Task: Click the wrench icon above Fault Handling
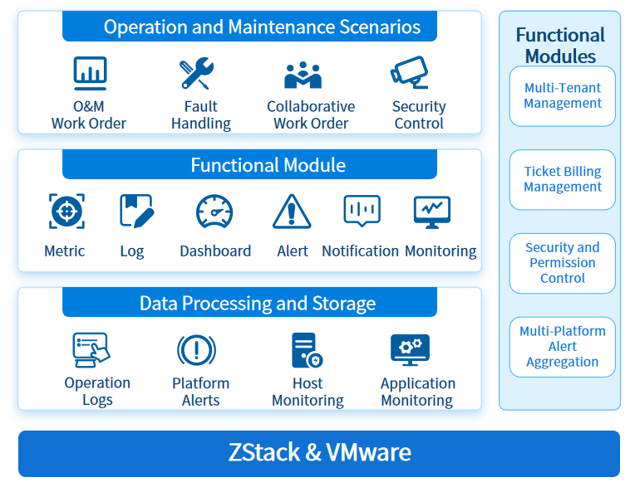(196, 73)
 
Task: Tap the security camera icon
(410, 72)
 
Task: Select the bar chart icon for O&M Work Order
(90, 73)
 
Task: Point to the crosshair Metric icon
(66, 211)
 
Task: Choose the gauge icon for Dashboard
(214, 212)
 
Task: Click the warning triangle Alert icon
(292, 212)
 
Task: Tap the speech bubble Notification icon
(362, 211)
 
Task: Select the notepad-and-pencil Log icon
(137, 211)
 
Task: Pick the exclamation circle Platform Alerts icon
(196, 350)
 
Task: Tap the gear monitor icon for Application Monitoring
(410, 350)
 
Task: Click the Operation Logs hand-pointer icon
(91, 350)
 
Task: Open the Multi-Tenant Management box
(562, 96)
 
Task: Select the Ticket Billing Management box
(562, 180)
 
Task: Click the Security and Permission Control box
(562, 263)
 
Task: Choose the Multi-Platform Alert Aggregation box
(562, 347)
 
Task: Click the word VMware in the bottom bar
(368, 452)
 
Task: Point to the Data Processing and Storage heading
(258, 304)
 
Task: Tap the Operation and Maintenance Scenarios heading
(262, 27)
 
